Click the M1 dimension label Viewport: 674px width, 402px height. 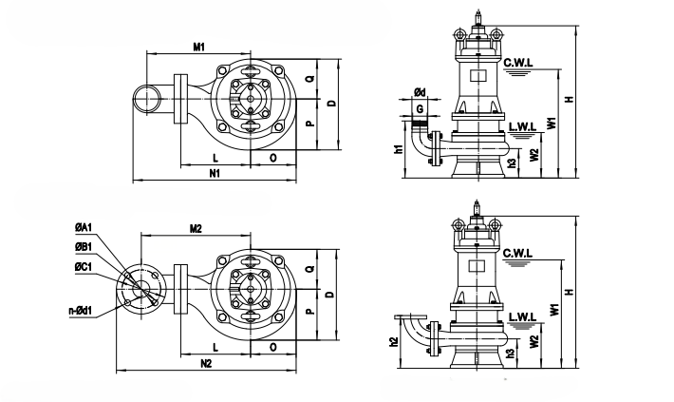tap(198, 47)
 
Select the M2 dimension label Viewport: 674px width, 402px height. tap(196, 229)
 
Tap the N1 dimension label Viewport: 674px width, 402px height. tap(215, 173)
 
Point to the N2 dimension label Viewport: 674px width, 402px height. tap(207, 364)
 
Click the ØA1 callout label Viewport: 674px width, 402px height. tap(84, 228)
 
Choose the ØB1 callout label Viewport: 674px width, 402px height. tap(84, 247)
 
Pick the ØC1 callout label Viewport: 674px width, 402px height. tap(84, 267)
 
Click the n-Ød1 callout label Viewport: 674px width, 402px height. tap(81, 311)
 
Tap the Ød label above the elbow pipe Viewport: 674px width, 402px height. tap(420, 92)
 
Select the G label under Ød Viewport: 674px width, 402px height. tap(420, 109)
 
